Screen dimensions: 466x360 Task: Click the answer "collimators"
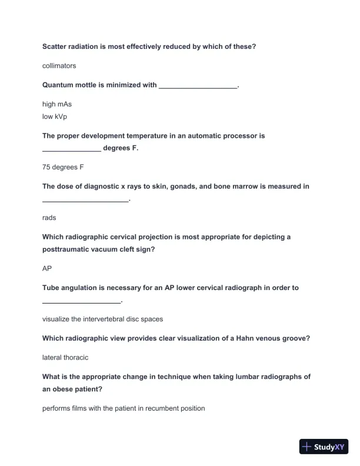tap(59, 66)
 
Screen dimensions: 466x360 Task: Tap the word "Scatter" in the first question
tap(55, 46)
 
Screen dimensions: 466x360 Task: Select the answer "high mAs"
tap(57, 104)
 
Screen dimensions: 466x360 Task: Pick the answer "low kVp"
tap(55, 116)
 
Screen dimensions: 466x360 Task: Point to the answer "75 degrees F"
tap(63, 167)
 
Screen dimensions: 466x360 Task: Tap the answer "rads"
tap(49, 218)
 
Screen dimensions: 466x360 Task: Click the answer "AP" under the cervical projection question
tap(47, 268)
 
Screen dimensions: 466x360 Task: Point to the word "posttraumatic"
tap(66, 249)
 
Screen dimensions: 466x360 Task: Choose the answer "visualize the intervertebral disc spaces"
tap(102, 319)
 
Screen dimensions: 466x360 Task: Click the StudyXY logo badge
tap(324, 447)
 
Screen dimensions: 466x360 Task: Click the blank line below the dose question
tap(85, 201)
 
